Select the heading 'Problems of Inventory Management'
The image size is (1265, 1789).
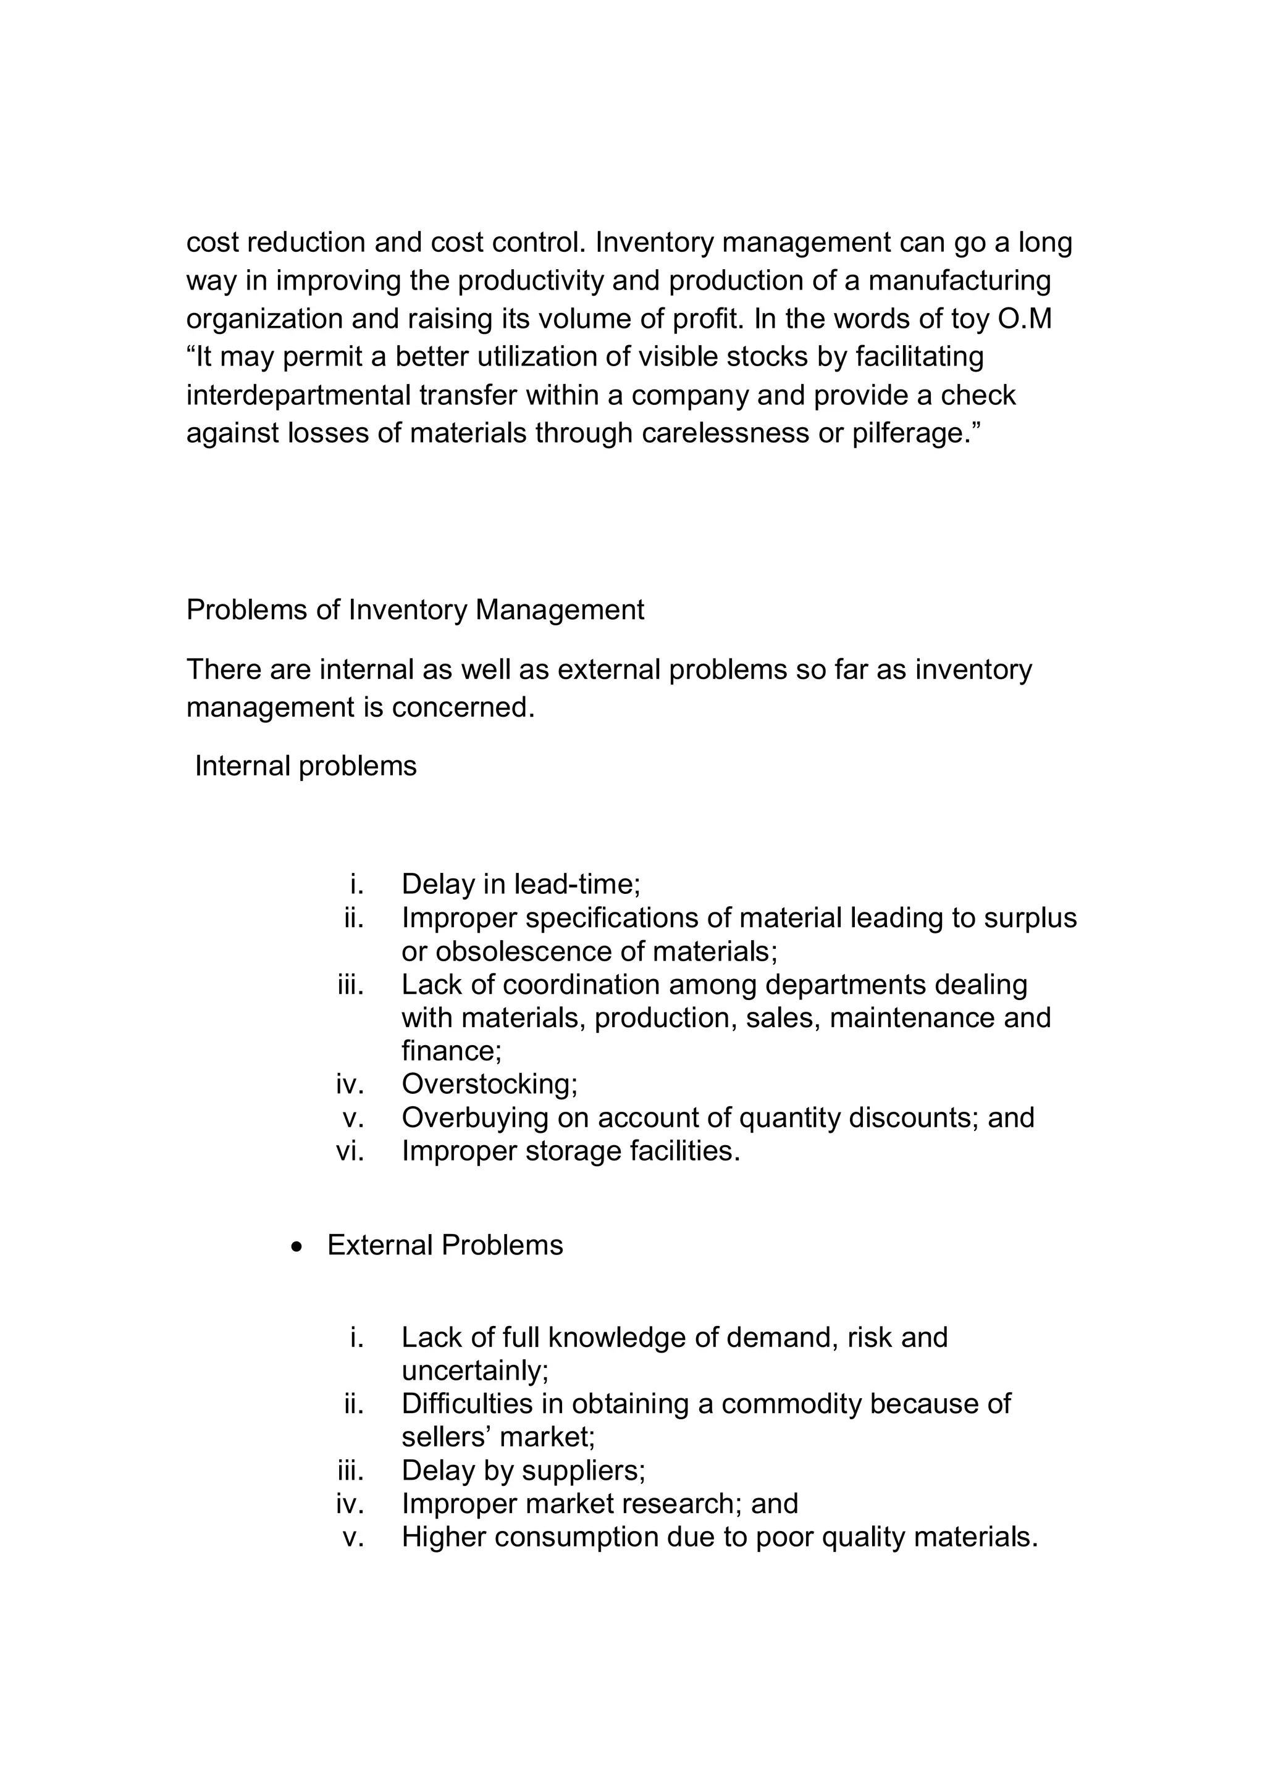point(414,609)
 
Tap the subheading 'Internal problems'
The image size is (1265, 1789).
point(306,766)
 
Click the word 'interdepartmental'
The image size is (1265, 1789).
point(298,395)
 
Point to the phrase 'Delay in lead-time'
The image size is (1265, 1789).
point(520,885)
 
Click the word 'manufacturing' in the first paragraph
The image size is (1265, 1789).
point(959,280)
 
